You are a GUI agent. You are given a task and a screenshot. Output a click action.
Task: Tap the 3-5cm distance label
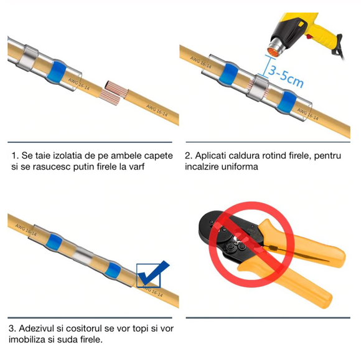click(x=286, y=75)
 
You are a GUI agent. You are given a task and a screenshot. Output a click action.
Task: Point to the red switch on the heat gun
click(x=308, y=36)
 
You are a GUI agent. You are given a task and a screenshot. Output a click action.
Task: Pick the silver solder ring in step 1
click(x=27, y=57)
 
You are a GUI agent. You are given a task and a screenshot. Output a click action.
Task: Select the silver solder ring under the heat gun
click(x=258, y=88)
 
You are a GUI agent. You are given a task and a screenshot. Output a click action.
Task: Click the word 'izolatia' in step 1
click(x=68, y=156)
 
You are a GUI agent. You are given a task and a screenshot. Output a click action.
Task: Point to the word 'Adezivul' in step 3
click(x=36, y=329)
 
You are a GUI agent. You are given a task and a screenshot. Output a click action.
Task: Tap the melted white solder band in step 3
click(x=83, y=256)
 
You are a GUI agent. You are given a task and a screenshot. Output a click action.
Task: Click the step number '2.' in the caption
click(x=189, y=156)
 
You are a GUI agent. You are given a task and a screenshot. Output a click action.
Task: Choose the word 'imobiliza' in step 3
click(x=26, y=340)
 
